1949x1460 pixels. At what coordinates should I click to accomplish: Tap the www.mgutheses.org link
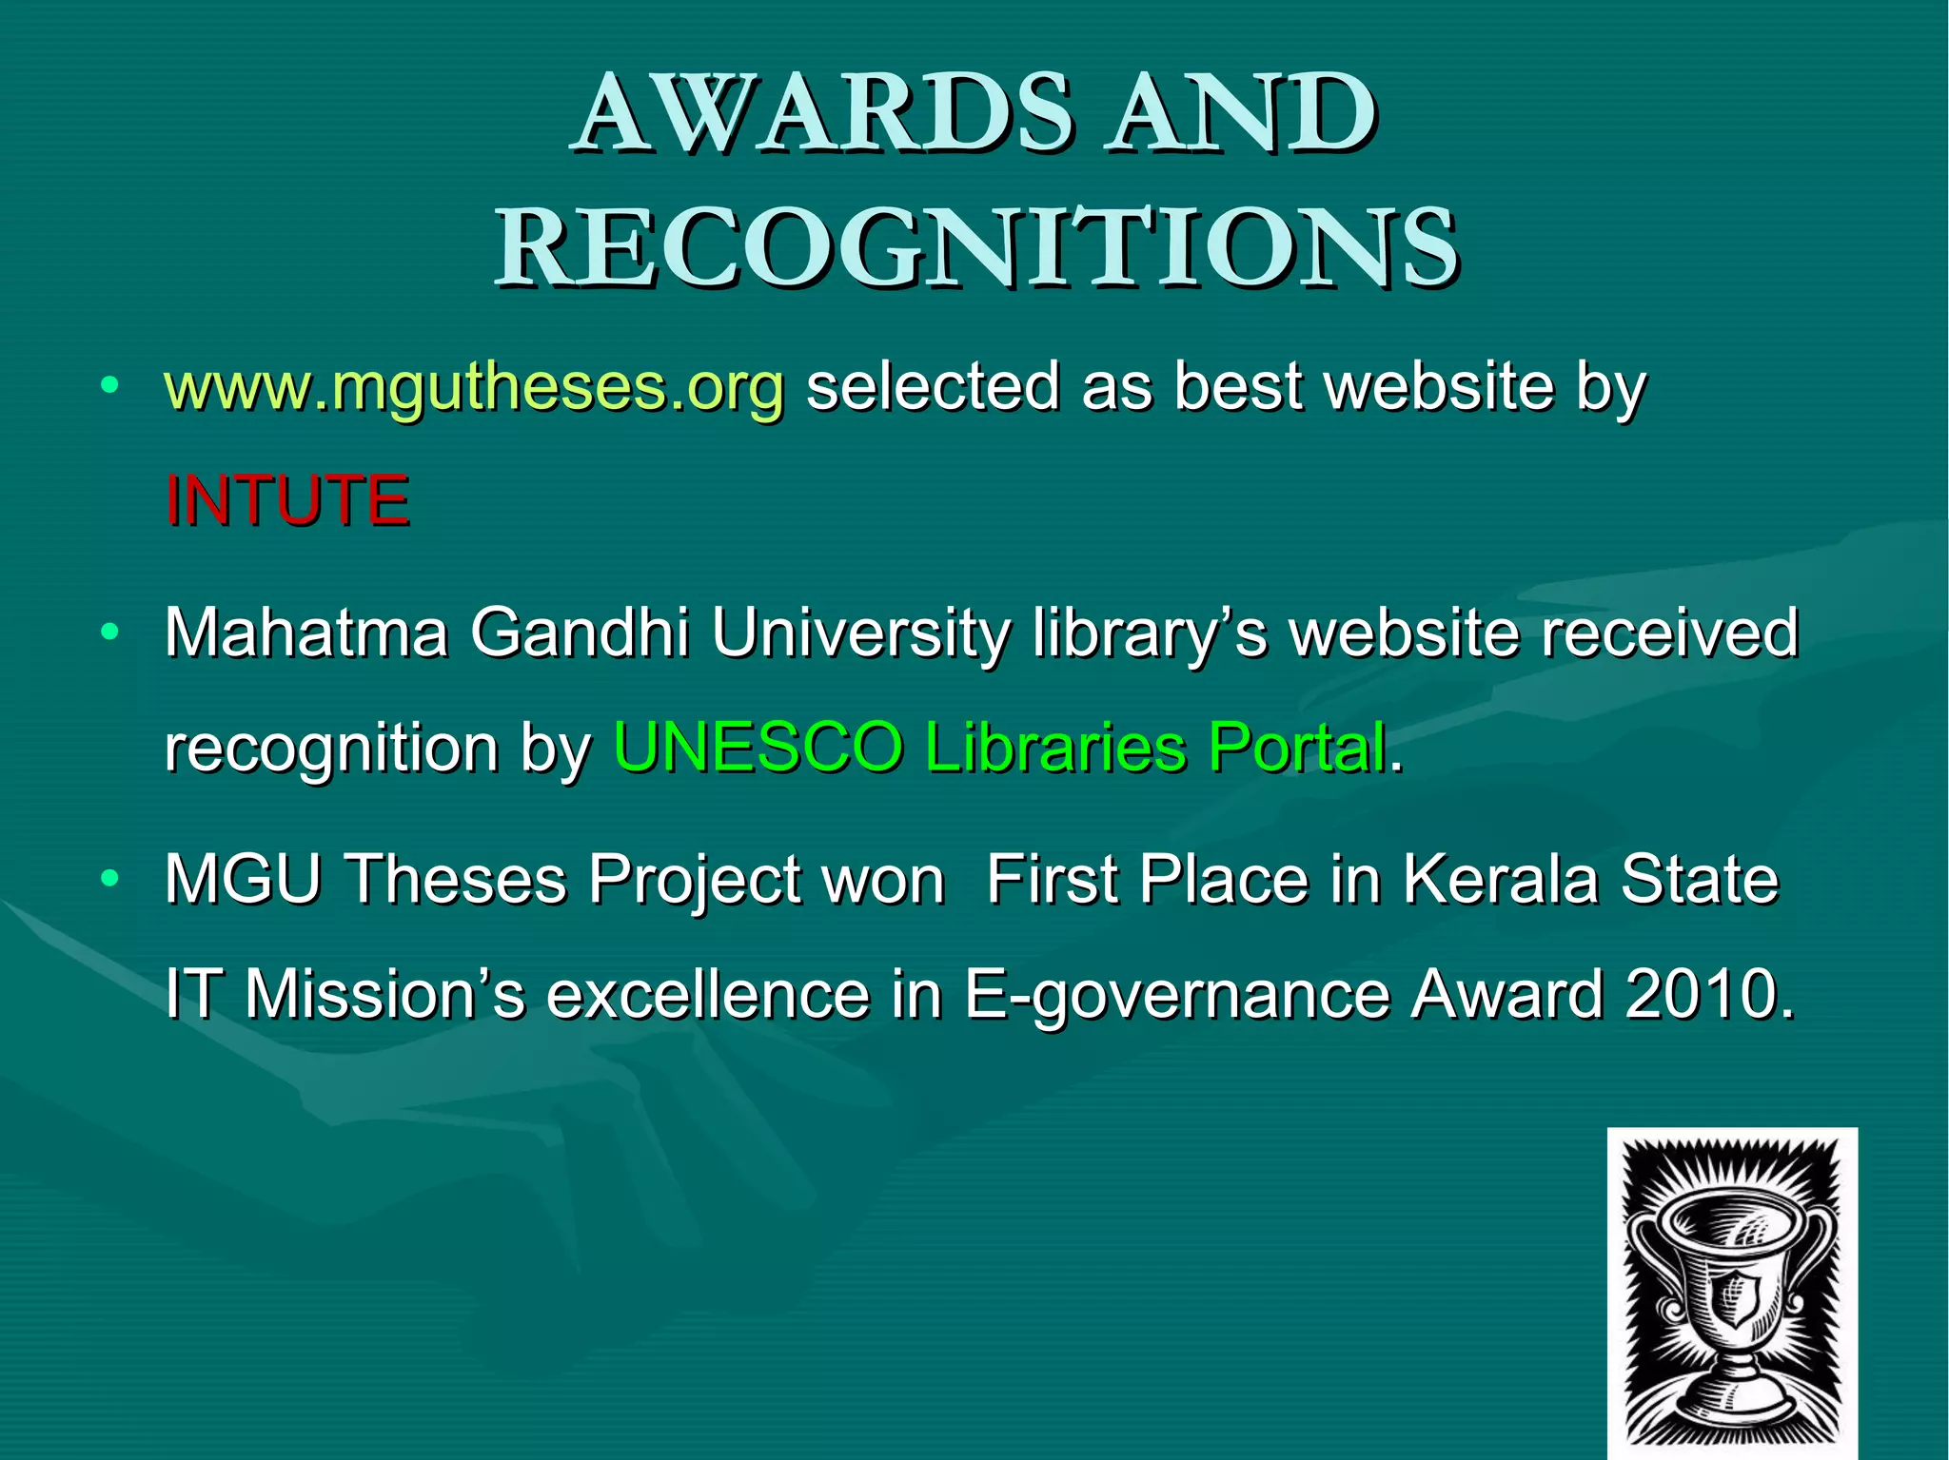(474, 388)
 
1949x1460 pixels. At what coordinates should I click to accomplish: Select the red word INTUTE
(287, 501)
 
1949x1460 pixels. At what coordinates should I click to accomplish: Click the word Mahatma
(305, 633)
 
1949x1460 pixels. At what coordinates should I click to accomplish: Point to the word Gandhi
(580, 633)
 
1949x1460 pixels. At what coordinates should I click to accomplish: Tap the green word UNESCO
(758, 748)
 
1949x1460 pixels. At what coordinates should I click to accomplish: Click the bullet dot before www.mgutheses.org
(110, 386)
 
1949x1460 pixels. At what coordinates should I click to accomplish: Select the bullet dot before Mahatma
(110, 632)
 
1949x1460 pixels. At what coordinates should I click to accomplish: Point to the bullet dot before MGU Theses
(110, 879)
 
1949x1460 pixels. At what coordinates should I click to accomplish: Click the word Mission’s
(384, 995)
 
